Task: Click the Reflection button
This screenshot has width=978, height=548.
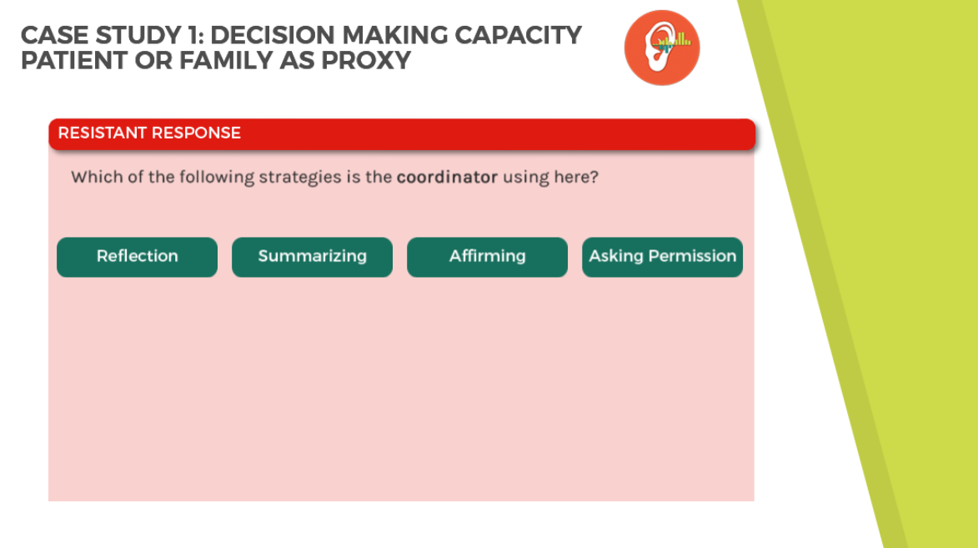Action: tap(138, 257)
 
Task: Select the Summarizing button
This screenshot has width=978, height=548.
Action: tap(313, 257)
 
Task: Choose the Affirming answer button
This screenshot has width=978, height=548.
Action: tap(487, 257)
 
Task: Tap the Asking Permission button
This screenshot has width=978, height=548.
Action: tap(662, 257)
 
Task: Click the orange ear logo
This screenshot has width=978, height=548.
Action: tap(662, 48)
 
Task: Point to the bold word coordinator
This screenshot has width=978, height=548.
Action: tap(447, 178)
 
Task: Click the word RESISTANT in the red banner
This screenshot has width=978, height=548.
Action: tap(102, 133)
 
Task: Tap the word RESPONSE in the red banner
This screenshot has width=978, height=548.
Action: tap(196, 133)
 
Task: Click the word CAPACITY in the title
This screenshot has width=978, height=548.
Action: tap(518, 36)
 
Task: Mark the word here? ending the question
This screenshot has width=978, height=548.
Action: tap(575, 178)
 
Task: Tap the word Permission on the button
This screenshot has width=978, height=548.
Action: tap(692, 256)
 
